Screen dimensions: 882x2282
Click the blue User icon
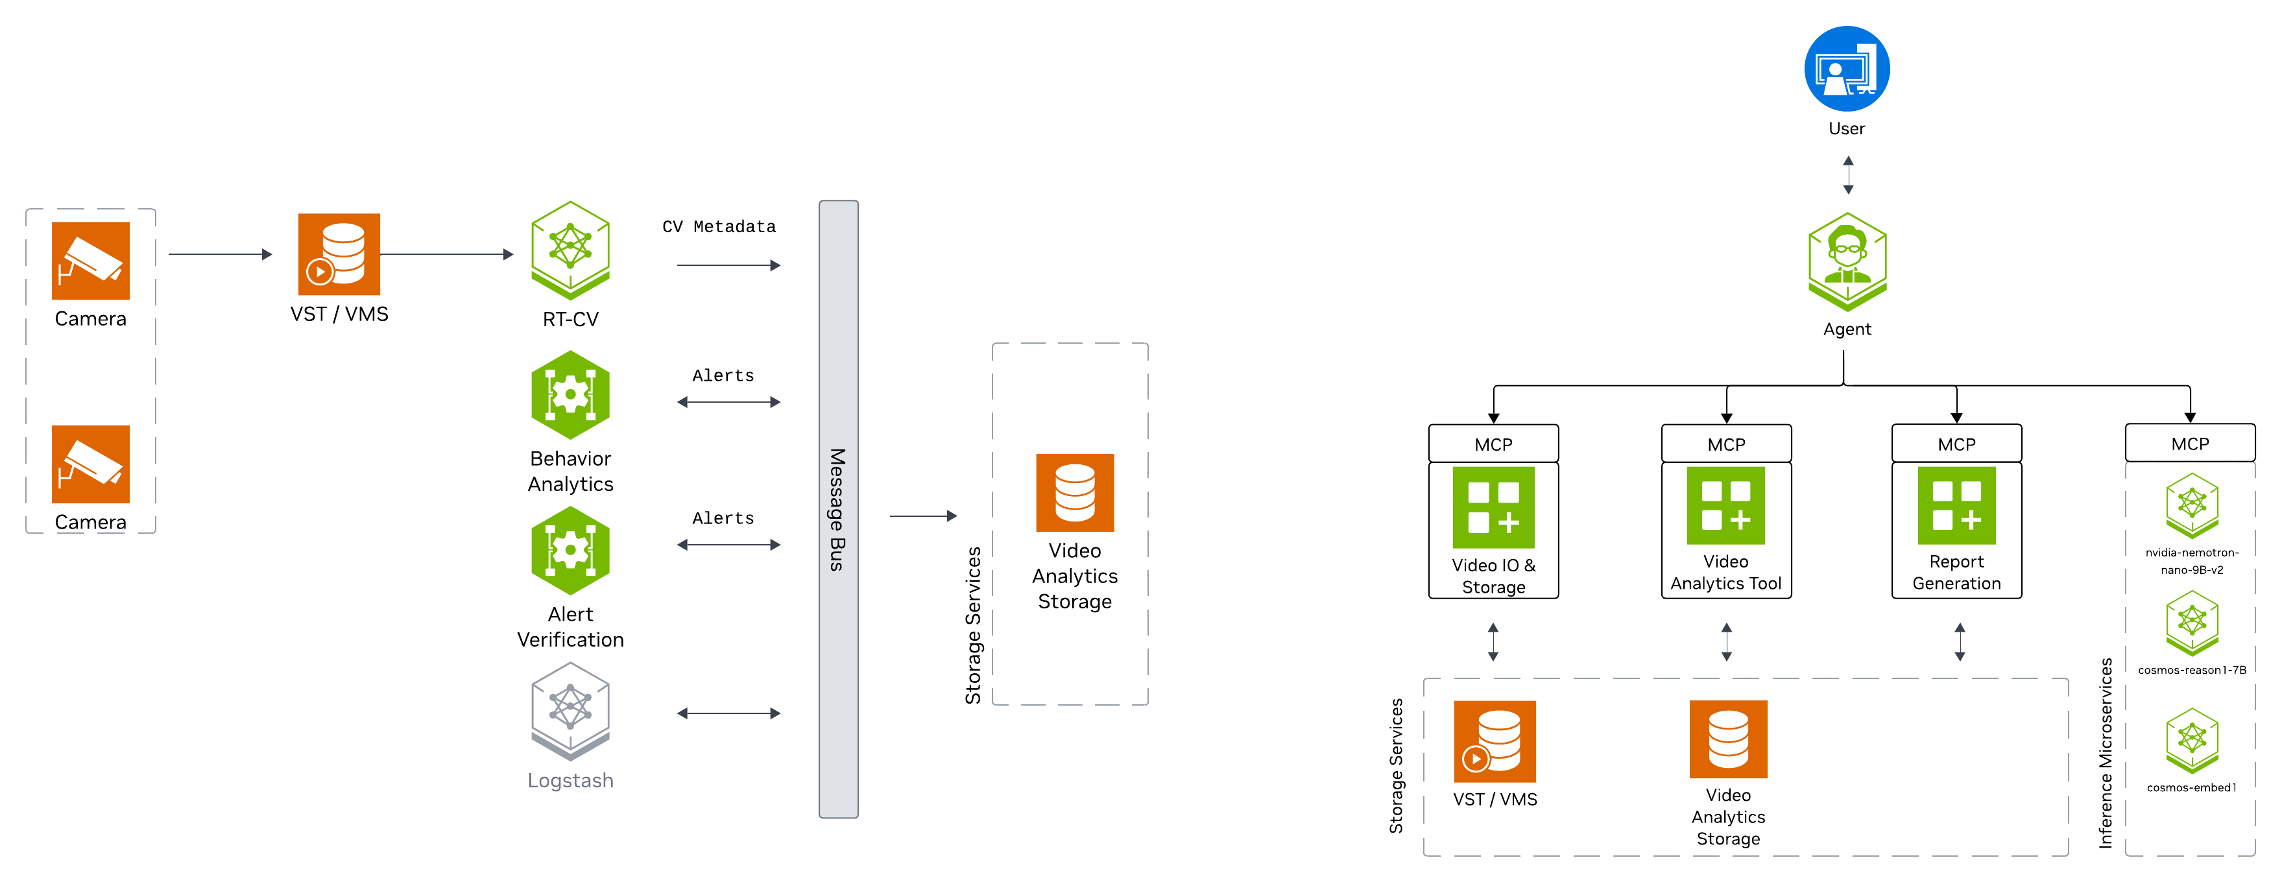pos(1846,69)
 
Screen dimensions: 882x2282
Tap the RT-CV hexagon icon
pos(571,249)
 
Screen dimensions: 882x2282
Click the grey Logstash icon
pos(571,710)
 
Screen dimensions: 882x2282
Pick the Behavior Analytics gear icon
pos(571,395)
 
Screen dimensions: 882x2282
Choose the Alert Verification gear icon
pos(571,550)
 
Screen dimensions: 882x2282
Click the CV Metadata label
pos(719,227)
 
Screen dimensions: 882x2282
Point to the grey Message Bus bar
pos(838,508)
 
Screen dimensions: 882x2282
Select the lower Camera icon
pos(90,464)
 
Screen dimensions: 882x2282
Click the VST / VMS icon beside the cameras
pos(339,254)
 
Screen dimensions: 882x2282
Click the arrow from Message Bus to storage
pos(923,516)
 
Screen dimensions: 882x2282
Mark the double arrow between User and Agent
pos(1848,175)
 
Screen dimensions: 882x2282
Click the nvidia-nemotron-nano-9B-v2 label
pos(2192,560)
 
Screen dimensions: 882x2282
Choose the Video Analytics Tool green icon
pos(1725,506)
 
